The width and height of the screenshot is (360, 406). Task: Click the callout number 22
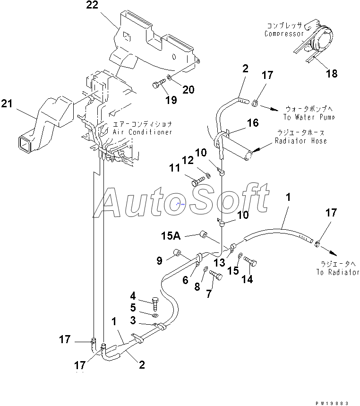[93, 5]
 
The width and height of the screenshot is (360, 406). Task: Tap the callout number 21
[7, 104]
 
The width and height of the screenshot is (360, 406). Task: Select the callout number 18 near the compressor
[332, 74]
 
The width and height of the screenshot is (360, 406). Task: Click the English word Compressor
[284, 34]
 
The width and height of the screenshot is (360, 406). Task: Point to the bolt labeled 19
[159, 83]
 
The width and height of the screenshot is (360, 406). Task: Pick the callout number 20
[189, 90]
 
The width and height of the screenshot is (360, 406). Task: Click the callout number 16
[253, 123]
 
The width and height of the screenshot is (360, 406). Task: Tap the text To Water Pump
[309, 117]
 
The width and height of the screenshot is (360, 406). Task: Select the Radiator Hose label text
[301, 141]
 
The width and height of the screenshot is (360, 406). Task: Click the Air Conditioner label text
[142, 132]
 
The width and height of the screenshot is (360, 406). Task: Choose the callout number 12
[188, 160]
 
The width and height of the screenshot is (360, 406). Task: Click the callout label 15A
[171, 236]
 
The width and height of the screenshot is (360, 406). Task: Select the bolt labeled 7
[216, 275]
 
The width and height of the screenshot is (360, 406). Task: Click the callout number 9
[159, 260]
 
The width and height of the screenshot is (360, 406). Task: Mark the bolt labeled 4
[155, 303]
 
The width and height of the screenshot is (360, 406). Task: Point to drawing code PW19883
[332, 404]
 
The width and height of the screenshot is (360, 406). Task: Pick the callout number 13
[220, 263]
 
